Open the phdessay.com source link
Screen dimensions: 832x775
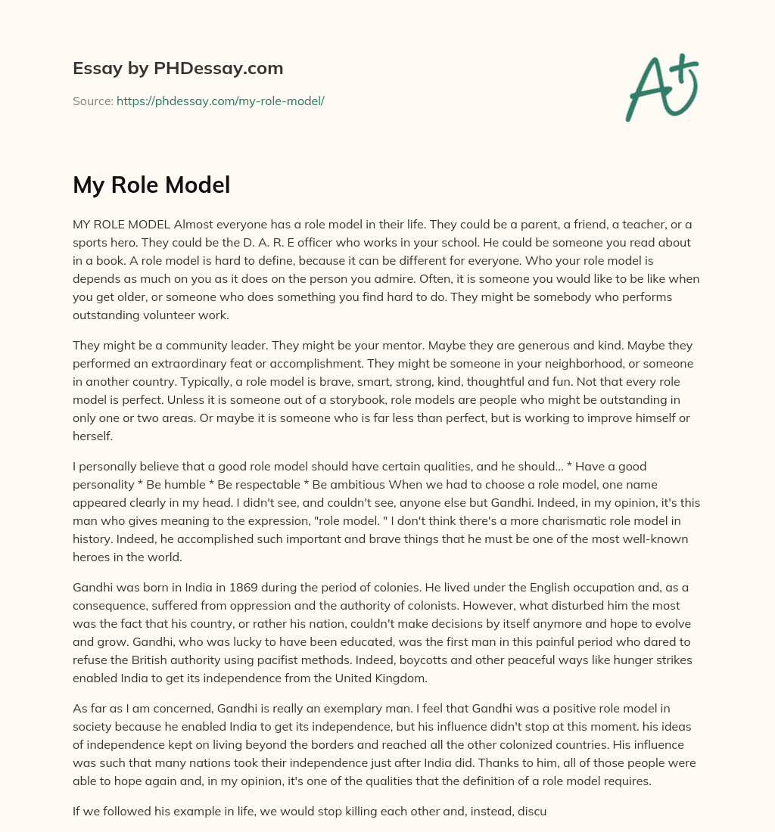(220, 101)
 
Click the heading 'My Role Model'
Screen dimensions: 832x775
(151, 185)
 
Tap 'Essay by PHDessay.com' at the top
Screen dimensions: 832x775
(178, 69)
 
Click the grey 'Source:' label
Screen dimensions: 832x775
(93, 101)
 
